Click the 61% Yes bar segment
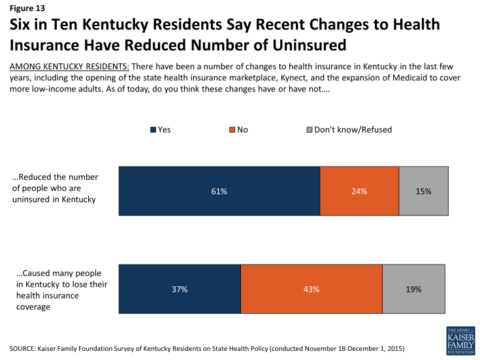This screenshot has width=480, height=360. click(x=219, y=191)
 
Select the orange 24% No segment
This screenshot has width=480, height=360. click(x=359, y=191)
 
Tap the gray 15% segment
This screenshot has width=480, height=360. click(x=423, y=191)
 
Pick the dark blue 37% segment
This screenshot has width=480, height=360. click(x=180, y=289)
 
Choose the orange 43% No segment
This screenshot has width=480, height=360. click(x=311, y=289)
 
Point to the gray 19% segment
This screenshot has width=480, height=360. click(x=413, y=289)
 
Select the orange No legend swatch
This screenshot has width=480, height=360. click(x=231, y=130)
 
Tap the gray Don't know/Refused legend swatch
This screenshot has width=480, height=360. click(x=309, y=130)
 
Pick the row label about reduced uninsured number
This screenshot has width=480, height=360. click(x=55, y=188)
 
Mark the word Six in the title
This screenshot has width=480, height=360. click(x=22, y=25)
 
